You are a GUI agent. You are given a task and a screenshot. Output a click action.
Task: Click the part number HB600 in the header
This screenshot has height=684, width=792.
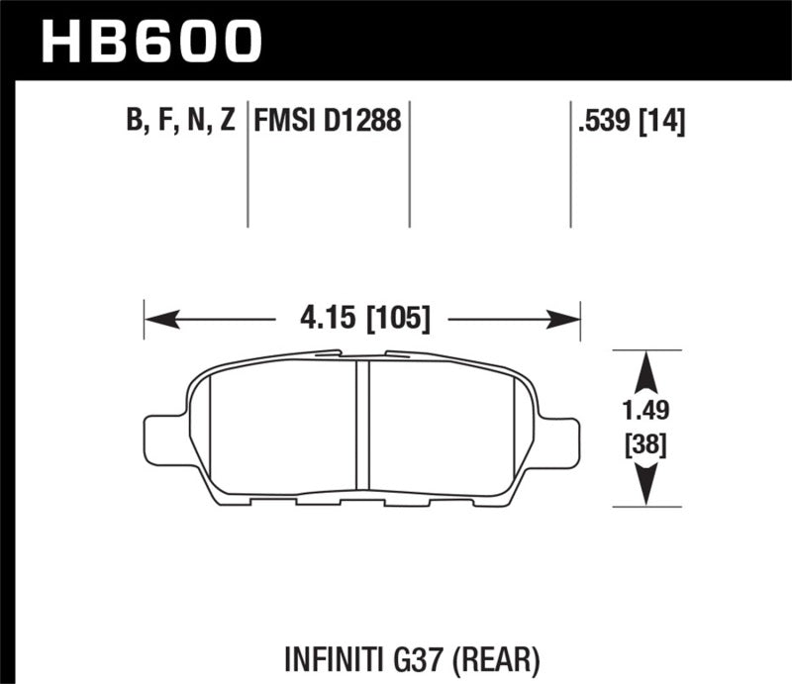click(149, 41)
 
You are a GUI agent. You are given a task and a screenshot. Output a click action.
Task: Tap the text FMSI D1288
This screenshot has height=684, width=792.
click(328, 121)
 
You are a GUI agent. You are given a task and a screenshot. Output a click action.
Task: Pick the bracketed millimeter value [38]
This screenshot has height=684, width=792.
click(646, 446)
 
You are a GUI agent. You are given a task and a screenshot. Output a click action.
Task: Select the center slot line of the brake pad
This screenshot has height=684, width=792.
click(361, 426)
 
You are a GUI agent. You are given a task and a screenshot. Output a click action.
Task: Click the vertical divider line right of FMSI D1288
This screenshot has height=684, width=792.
click(410, 163)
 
